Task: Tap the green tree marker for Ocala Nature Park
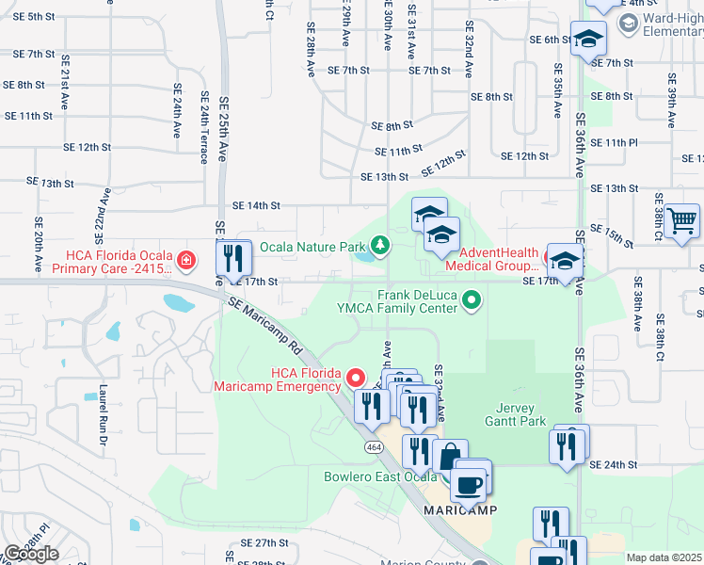[x=380, y=247]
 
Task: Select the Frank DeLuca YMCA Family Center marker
[x=472, y=301]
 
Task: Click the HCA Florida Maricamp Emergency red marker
[x=356, y=379]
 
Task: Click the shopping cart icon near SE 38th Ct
[x=681, y=221]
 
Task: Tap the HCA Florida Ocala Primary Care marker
[x=186, y=260]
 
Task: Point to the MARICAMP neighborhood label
[x=457, y=509]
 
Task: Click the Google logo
[x=31, y=554]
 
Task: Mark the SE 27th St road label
[x=264, y=543]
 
